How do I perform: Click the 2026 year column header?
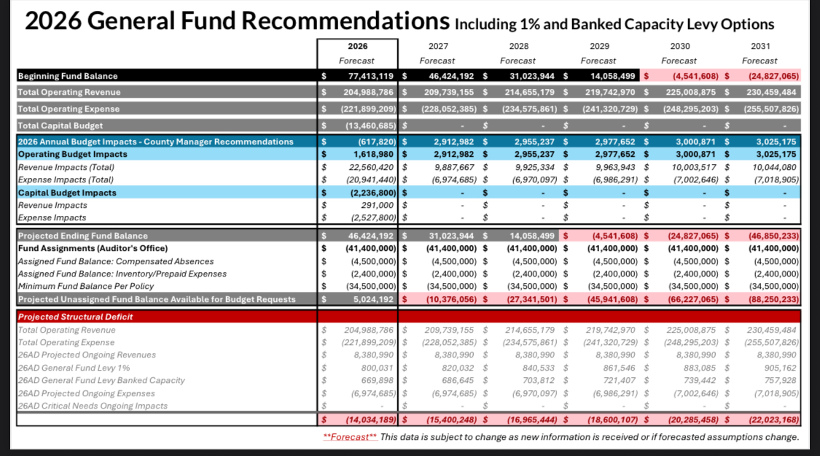[358, 46]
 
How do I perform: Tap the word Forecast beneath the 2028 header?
[518, 61]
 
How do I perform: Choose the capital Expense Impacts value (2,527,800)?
[372, 217]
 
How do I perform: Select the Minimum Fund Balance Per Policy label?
[86, 286]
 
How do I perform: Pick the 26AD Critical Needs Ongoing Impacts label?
[93, 406]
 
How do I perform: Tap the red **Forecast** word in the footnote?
[351, 437]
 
